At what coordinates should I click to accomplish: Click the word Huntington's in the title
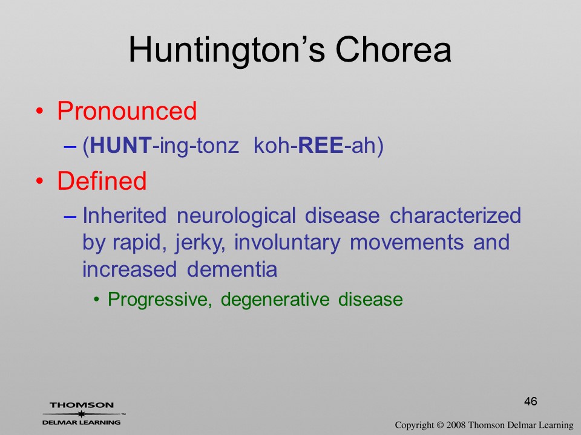(x=227, y=51)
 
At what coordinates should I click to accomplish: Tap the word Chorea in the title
(x=393, y=50)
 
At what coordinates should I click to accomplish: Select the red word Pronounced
(x=126, y=111)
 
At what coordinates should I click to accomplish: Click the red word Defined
(x=102, y=180)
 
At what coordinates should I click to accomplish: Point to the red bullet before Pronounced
(x=40, y=111)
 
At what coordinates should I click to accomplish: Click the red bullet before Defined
(x=40, y=181)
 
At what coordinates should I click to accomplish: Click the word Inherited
(x=124, y=215)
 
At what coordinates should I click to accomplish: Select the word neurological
(x=235, y=215)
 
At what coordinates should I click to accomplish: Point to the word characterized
(x=455, y=215)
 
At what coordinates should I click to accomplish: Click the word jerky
(x=200, y=243)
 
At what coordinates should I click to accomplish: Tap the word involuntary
(x=287, y=243)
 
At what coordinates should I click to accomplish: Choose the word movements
(x=407, y=243)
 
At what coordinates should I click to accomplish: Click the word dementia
(x=232, y=269)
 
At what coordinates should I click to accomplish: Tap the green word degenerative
(x=275, y=299)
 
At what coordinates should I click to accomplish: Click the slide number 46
(x=531, y=401)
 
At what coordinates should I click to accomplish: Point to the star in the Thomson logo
(x=81, y=413)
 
